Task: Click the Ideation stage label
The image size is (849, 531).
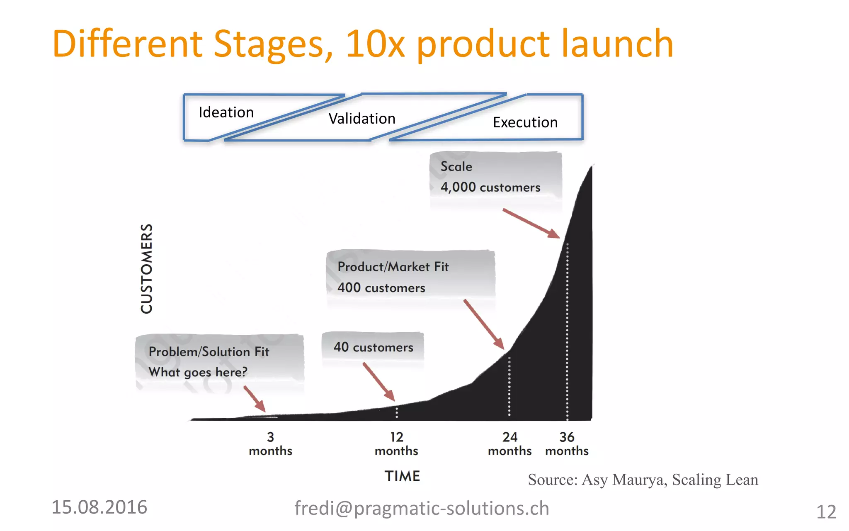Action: [x=226, y=112]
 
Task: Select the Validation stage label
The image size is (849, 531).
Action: [x=362, y=119]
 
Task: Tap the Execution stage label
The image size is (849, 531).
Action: [x=525, y=122]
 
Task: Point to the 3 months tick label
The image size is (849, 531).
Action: [x=270, y=444]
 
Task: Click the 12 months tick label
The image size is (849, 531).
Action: [x=396, y=444]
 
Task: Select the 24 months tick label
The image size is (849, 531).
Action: [x=509, y=444]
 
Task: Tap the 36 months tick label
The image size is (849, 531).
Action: [x=567, y=444]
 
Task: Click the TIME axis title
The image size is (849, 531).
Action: [x=402, y=476]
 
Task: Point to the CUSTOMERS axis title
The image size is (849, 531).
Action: [x=147, y=268]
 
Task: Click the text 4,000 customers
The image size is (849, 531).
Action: [x=490, y=187]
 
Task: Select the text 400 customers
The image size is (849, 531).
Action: [x=381, y=287]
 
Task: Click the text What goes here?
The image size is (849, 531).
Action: [x=198, y=372]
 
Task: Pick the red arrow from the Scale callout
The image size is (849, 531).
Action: [x=531, y=224]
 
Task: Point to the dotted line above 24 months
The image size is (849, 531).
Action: [x=509, y=386]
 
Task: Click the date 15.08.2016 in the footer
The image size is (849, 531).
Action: [x=99, y=507]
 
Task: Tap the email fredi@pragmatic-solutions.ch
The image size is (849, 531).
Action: [x=422, y=508]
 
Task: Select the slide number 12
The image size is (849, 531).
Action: [x=826, y=512]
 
